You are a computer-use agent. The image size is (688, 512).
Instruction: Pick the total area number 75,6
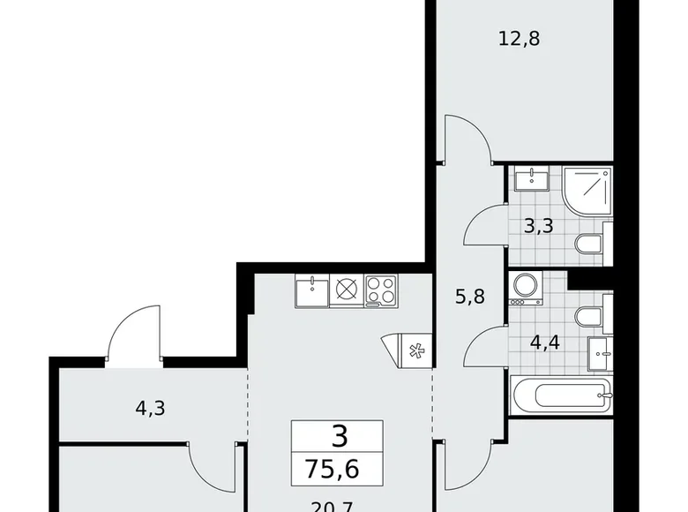[x=338, y=466]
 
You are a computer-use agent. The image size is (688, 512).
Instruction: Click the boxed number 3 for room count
[x=338, y=436]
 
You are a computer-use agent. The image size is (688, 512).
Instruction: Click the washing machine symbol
[x=526, y=289]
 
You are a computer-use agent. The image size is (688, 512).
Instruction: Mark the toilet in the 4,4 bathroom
[x=588, y=317]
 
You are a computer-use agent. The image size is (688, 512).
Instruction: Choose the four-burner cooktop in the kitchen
[x=380, y=290]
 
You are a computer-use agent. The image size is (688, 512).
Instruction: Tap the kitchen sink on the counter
[x=311, y=290]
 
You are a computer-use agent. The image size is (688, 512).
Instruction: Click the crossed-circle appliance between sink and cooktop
[x=346, y=290]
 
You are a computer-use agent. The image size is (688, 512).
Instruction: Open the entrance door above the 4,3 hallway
[x=135, y=335]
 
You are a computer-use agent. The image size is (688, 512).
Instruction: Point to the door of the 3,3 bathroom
[x=487, y=225]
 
